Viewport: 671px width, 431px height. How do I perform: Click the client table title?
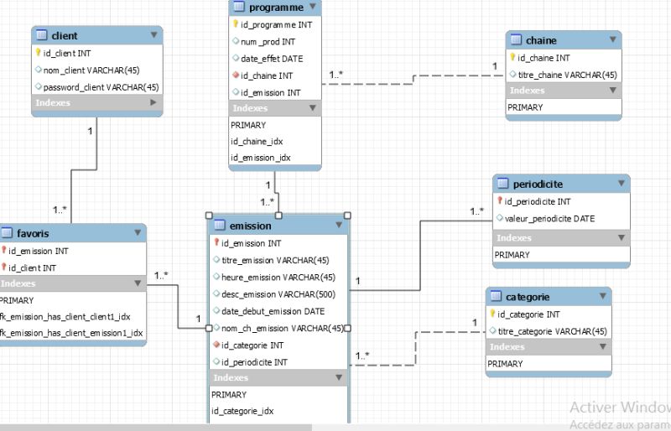point(65,36)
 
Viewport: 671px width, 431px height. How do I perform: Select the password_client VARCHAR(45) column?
point(101,86)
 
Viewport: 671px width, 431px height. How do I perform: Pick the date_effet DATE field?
point(272,59)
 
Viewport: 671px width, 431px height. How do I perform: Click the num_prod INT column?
point(268,41)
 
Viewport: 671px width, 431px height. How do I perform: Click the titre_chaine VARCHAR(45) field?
point(568,75)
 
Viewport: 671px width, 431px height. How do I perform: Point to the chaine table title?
point(541,40)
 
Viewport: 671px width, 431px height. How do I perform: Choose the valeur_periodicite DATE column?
point(549,218)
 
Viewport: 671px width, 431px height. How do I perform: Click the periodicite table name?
point(538,184)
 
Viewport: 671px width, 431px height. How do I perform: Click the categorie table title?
point(528,297)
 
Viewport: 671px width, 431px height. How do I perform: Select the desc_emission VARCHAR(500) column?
point(278,293)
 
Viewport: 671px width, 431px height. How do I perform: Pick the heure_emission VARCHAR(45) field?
point(278,277)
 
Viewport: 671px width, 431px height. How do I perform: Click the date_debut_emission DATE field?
point(273,311)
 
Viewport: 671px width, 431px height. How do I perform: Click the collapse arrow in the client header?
point(153,35)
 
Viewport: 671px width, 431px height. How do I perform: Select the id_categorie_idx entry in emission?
point(242,411)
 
